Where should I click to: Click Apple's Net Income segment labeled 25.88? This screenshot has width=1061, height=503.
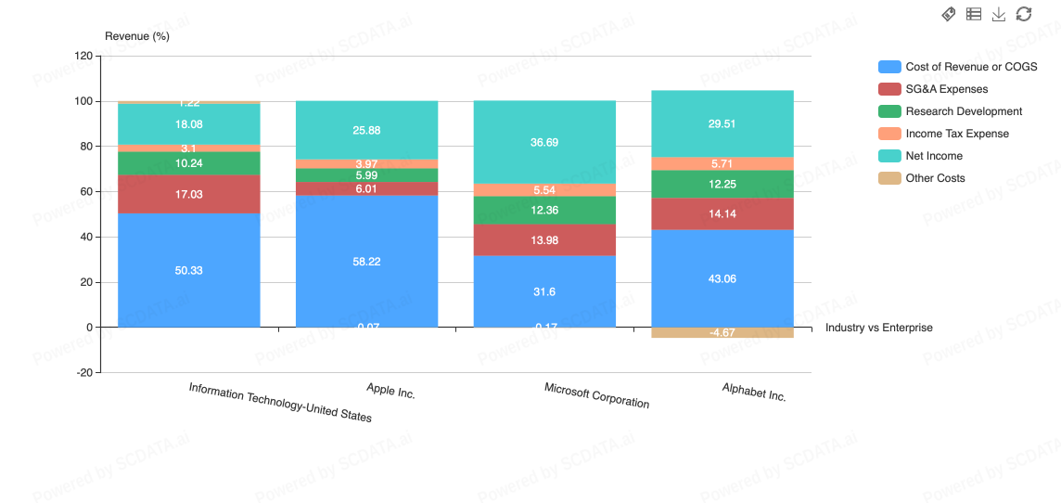pyautogui.click(x=366, y=130)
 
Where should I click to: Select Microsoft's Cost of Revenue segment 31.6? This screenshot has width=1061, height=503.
pyautogui.click(x=544, y=290)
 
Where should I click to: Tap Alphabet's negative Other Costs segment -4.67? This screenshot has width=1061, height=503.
pyautogui.click(x=722, y=332)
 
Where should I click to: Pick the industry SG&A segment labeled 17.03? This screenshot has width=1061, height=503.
pyautogui.click(x=188, y=194)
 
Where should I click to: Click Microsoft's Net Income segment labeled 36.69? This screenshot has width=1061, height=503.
pyautogui.click(x=544, y=142)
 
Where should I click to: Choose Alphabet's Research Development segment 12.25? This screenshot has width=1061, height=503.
pyautogui.click(x=722, y=184)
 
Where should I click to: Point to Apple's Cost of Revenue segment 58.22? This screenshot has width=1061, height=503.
pyautogui.click(x=366, y=261)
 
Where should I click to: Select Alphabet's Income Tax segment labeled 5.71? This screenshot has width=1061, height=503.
pyautogui.click(x=722, y=163)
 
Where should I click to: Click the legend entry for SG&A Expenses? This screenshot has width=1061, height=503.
pyautogui.click(x=946, y=89)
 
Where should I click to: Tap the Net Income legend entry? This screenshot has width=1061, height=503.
pyautogui.click(x=933, y=156)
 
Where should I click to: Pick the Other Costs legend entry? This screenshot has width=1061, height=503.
pyautogui.click(x=935, y=178)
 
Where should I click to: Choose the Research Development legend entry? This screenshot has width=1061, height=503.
pyautogui.click(x=964, y=111)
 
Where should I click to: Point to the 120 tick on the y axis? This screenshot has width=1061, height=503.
pyautogui.click(x=83, y=57)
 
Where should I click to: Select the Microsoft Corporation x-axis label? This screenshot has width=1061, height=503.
pyautogui.click(x=596, y=395)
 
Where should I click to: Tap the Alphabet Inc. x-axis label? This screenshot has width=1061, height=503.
pyautogui.click(x=754, y=392)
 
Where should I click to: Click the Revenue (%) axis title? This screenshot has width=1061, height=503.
pyautogui.click(x=137, y=36)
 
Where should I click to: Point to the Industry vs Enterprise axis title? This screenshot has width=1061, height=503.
pyautogui.click(x=878, y=328)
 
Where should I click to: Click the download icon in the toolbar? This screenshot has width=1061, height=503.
pyautogui.click(x=999, y=14)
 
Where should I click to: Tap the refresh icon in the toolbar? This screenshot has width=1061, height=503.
pyautogui.click(x=1024, y=14)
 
